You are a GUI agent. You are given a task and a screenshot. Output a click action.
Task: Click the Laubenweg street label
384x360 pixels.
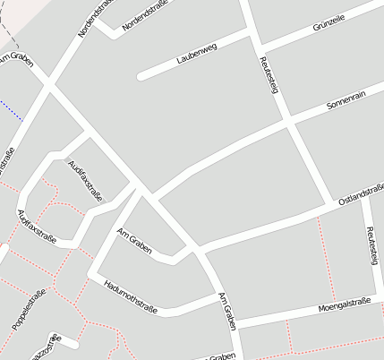pos(196,54)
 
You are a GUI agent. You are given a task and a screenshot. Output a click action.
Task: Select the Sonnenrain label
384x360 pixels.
pos(346,99)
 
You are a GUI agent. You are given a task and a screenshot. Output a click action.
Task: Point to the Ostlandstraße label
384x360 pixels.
pos(362,193)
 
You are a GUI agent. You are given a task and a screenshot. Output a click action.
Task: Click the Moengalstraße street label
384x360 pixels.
pos(344,308)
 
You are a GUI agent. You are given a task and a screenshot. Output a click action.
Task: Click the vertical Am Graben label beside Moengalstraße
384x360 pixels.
pos(229,313)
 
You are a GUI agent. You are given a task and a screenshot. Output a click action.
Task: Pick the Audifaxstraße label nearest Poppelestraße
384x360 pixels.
pos(37,227)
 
